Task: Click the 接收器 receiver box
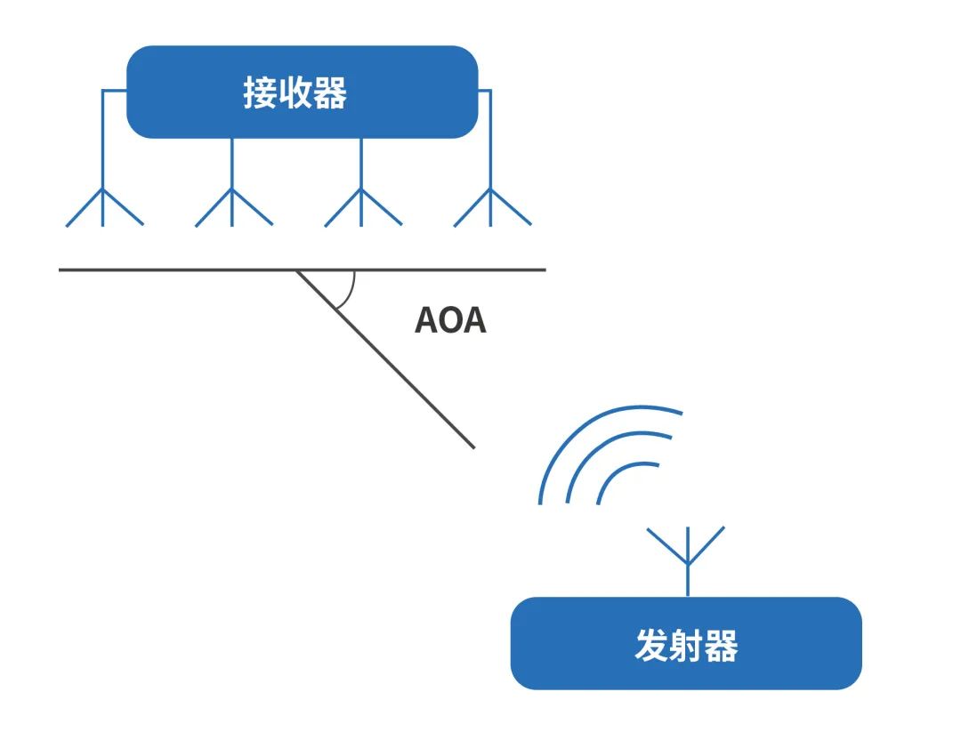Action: [302, 92]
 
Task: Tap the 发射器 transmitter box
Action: [685, 643]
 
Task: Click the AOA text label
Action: [450, 320]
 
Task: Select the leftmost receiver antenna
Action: [103, 206]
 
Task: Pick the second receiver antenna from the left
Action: [232, 206]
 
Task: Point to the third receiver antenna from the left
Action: [361, 206]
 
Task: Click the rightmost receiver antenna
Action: [491, 206]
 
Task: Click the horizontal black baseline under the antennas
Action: [178, 269]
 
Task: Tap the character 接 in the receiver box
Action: [259, 93]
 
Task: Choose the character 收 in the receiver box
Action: [295, 93]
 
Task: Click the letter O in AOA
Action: [450, 320]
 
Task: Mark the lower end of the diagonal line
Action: [472, 446]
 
